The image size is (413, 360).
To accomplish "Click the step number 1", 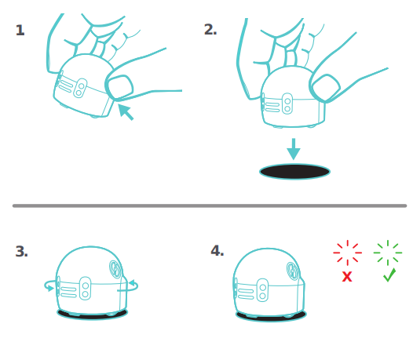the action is (x=20, y=30).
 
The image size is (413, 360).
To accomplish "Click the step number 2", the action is (x=210, y=30).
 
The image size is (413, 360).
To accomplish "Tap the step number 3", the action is (x=22, y=251).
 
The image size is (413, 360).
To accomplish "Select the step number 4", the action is (x=217, y=250).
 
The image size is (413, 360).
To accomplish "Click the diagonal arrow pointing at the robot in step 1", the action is (x=126, y=112).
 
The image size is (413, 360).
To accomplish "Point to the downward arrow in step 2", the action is (x=294, y=149).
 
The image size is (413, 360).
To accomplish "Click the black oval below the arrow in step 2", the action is (x=294, y=172).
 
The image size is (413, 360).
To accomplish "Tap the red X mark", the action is (x=347, y=277).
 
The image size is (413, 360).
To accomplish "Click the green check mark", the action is (x=389, y=275).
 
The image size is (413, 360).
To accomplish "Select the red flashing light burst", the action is (x=347, y=253).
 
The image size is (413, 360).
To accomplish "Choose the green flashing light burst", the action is (x=388, y=253).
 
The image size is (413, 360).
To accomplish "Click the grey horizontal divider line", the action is (x=210, y=205).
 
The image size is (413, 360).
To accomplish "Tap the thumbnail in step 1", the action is (x=120, y=87).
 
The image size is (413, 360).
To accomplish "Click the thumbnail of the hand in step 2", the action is (x=326, y=88).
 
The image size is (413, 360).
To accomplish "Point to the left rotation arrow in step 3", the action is (x=49, y=285).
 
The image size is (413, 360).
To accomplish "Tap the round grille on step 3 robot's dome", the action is (x=115, y=269).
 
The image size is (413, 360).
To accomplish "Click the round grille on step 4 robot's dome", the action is (x=293, y=271).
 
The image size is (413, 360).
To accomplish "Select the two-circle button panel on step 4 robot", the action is (x=262, y=290).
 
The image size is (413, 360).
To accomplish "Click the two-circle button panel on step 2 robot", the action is (x=287, y=104).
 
